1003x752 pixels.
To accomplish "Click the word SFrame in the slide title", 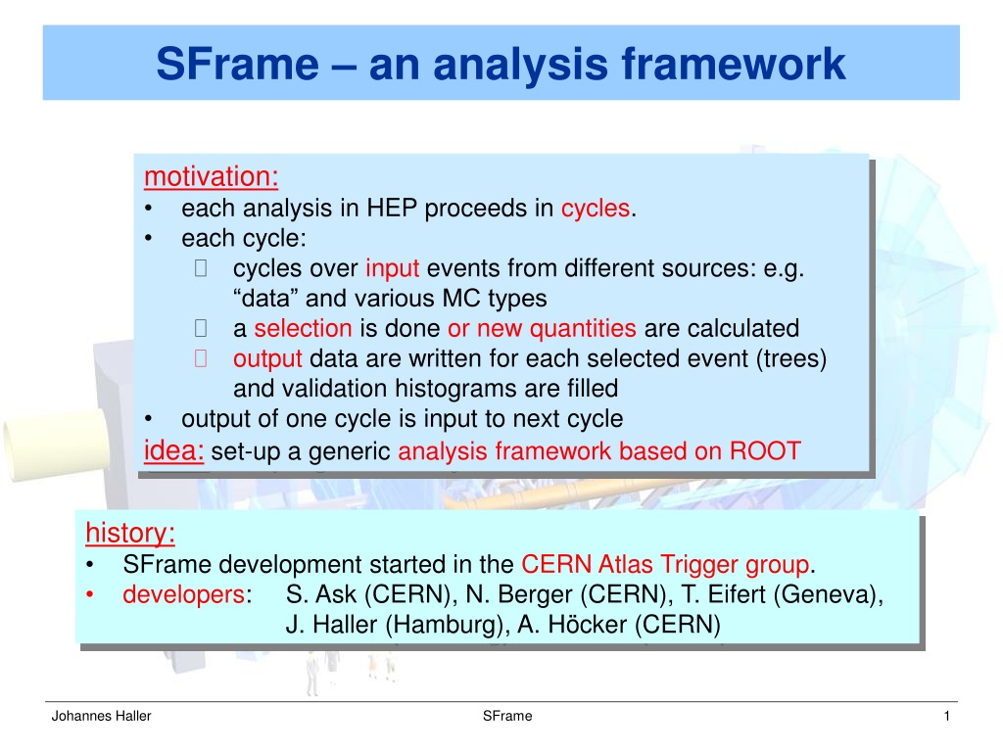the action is pos(237,64).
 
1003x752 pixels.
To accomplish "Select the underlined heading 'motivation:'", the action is pos(212,176).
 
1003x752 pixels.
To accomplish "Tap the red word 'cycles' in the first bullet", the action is pos(596,209).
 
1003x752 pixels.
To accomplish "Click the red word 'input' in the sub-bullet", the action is pos(392,268).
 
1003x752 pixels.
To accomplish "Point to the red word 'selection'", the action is pos(303,328).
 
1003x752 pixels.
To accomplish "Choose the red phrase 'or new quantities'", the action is pos(542,329).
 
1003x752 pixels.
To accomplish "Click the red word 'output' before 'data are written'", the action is pos(267,358).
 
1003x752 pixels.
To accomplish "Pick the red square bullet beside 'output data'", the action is pos(200,358).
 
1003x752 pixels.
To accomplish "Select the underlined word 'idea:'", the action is pos(174,450).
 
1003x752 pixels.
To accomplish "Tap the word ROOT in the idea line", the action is pos(765,450).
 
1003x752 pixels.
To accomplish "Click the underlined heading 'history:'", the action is pos(130,533).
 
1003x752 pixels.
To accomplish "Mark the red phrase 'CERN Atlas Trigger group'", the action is pos(665,565).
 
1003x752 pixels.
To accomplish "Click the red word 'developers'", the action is pos(183,594).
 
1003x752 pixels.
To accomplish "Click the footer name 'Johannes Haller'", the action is pos(101,716).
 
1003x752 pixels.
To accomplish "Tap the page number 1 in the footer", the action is pos(947,716).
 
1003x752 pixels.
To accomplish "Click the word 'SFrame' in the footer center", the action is pos(507,716).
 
